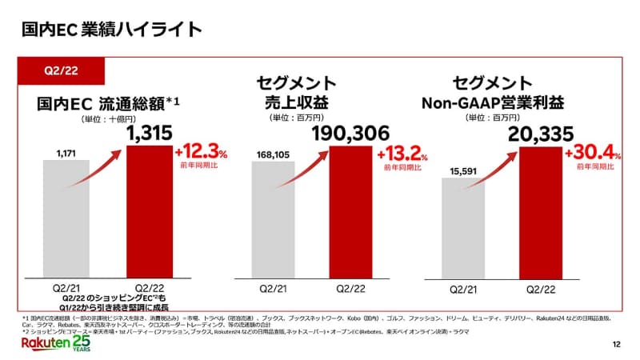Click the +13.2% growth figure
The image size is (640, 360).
403,153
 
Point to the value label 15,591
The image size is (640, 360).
464,170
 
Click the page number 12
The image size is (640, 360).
615,344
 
